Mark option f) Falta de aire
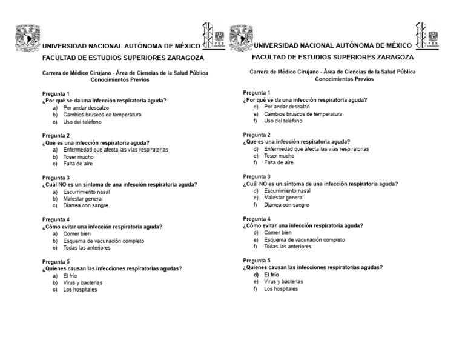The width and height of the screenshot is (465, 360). tap(279, 162)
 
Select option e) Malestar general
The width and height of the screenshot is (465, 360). tap(283, 198)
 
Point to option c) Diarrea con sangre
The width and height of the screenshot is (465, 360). tap(85, 205)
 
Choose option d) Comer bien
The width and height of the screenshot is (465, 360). tap(277, 233)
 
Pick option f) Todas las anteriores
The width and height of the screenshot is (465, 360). tap(288, 247)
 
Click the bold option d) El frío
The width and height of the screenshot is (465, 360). tap(271, 275)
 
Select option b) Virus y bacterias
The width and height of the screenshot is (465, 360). tap(83, 282)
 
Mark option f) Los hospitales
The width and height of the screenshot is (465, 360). tap(281, 289)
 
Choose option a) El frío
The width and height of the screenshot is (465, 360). tap(70, 276)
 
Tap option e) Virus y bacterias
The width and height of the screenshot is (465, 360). tap(283, 282)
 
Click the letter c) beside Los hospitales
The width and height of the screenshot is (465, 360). tap(55, 290)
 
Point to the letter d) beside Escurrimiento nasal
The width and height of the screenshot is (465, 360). tap(256, 191)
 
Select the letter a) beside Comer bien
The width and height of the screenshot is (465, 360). tap(55, 234)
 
